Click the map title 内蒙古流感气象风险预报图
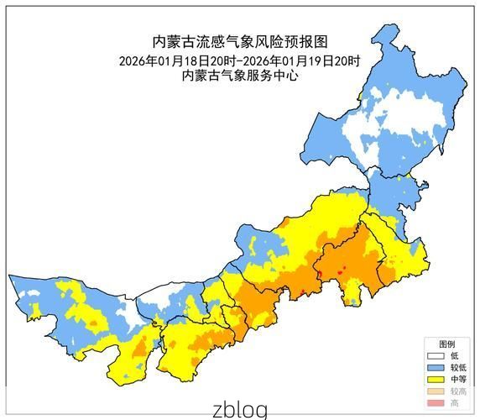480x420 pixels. pyautogui.click(x=239, y=41)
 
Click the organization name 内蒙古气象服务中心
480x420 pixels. pyautogui.click(x=239, y=76)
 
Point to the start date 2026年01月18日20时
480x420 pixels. pyautogui.click(x=178, y=60)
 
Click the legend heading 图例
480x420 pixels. pyautogui.click(x=447, y=344)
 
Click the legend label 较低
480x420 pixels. pyautogui.click(x=457, y=368)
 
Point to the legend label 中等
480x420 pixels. pyautogui.click(x=457, y=380)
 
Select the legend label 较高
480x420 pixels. pyautogui.click(x=457, y=391)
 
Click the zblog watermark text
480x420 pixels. pyautogui.click(x=239, y=409)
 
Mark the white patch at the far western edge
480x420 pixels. pyautogui.click(x=31, y=296)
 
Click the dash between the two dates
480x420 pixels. pyautogui.click(x=239, y=60)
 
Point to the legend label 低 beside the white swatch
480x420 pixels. pyautogui.click(x=454, y=356)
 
